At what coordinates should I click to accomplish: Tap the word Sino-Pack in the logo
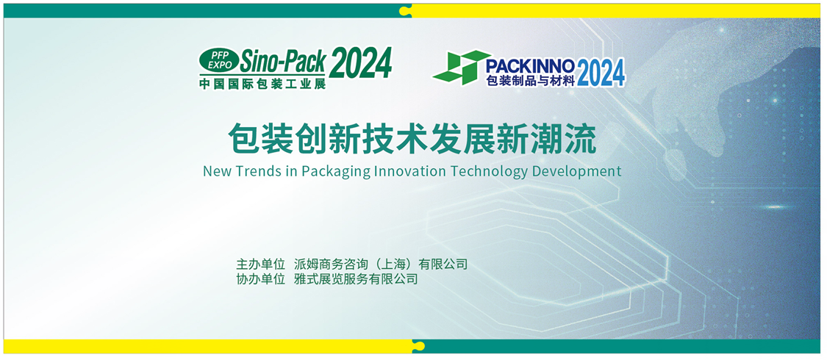283,61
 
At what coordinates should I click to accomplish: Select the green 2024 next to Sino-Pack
361,62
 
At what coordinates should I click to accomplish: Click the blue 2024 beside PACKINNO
601,73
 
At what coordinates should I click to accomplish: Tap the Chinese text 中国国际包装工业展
262,83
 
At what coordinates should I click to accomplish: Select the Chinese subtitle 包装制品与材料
530,80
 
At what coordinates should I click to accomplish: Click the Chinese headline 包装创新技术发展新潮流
412,139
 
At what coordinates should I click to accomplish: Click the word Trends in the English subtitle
254,171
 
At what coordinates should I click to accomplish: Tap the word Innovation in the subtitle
406,171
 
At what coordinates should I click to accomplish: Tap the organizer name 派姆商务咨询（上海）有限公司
381,264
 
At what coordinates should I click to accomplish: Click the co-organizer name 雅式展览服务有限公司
356,279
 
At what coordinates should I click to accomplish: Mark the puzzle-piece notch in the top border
405,10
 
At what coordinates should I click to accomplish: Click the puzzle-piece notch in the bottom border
418,346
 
